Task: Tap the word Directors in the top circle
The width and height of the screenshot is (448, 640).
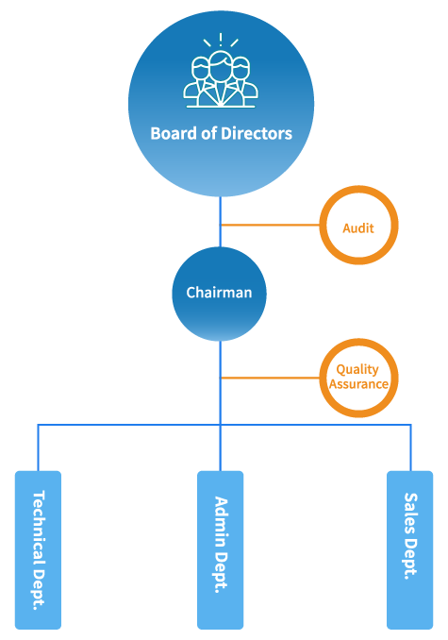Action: (257, 133)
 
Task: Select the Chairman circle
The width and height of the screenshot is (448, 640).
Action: (220, 294)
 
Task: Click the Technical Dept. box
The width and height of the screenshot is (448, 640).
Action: (39, 549)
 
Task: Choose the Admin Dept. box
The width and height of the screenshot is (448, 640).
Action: (221, 549)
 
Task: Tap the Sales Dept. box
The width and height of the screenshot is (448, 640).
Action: (409, 549)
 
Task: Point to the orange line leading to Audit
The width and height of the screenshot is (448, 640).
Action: (271, 225)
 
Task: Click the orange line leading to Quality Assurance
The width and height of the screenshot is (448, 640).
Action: (271, 378)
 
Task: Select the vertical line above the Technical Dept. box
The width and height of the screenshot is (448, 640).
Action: (39, 448)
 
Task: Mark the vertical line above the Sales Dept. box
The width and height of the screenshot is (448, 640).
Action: (410, 448)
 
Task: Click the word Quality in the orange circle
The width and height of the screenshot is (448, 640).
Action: (357, 370)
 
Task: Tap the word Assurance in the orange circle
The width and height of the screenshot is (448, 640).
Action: (358, 384)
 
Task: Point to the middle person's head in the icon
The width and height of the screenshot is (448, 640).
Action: (221, 65)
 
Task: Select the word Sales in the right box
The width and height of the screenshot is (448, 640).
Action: (410, 514)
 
